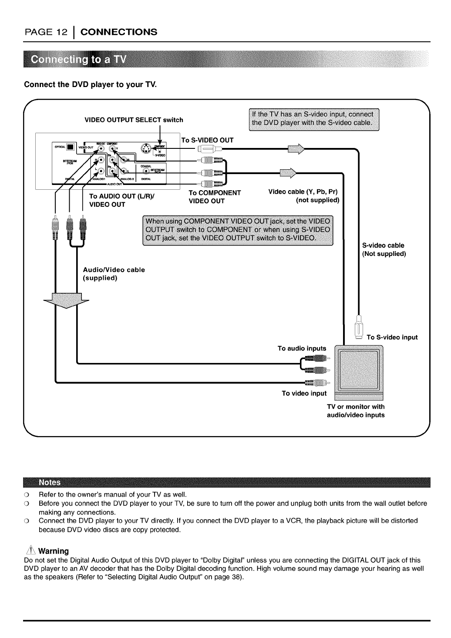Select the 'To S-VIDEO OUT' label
(207, 140)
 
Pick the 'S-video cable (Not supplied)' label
(384, 249)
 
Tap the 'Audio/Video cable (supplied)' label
(114, 274)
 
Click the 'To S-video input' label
(392, 337)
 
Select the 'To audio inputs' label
(302, 348)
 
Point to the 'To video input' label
(304, 393)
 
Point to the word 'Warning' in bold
(54, 551)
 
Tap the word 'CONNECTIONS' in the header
(119, 32)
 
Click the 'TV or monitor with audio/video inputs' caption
(355, 411)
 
